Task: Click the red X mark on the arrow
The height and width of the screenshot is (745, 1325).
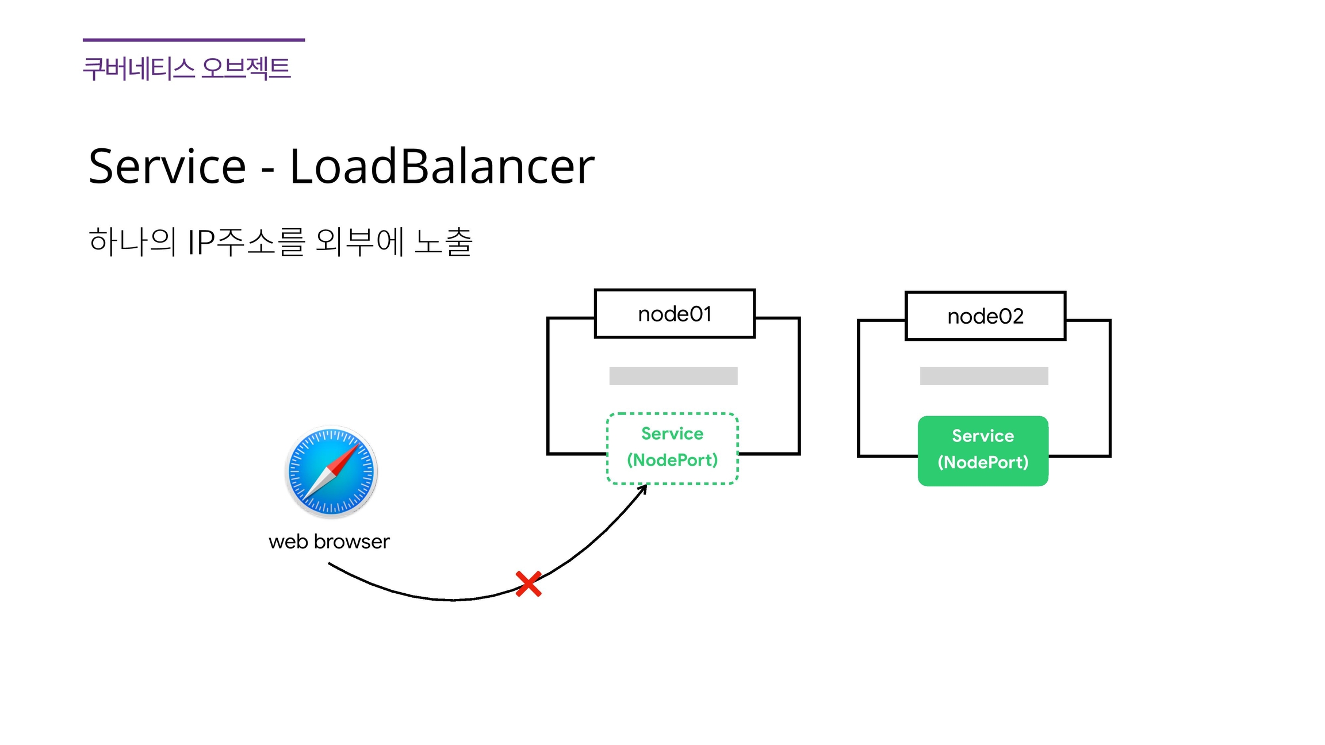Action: (x=528, y=583)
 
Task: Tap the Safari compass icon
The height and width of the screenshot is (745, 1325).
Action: (x=331, y=471)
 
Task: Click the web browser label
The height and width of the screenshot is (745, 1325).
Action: (x=329, y=542)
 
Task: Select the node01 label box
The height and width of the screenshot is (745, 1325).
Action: (x=675, y=314)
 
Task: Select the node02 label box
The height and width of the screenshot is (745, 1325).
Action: (x=985, y=316)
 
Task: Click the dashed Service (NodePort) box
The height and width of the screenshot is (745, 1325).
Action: (x=672, y=448)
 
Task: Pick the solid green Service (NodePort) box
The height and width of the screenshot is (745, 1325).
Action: (x=983, y=451)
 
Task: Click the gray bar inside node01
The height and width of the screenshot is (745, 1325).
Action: (x=673, y=376)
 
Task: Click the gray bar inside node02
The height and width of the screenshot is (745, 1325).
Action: (x=984, y=376)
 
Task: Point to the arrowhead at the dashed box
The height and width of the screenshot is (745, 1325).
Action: (x=644, y=488)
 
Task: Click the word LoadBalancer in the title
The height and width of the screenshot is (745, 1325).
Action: (x=442, y=166)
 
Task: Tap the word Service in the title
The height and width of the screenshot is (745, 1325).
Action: (x=167, y=166)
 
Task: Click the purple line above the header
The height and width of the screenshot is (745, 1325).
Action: (x=194, y=40)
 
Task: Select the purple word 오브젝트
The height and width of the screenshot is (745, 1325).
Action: (x=246, y=68)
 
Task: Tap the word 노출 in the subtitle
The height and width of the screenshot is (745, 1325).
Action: (x=443, y=241)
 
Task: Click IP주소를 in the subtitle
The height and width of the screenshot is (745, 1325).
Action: (x=246, y=241)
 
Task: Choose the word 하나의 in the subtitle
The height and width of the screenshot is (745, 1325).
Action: (x=132, y=241)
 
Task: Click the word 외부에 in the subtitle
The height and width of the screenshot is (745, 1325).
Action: (x=360, y=241)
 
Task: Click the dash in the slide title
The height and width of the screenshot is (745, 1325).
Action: (x=267, y=171)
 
